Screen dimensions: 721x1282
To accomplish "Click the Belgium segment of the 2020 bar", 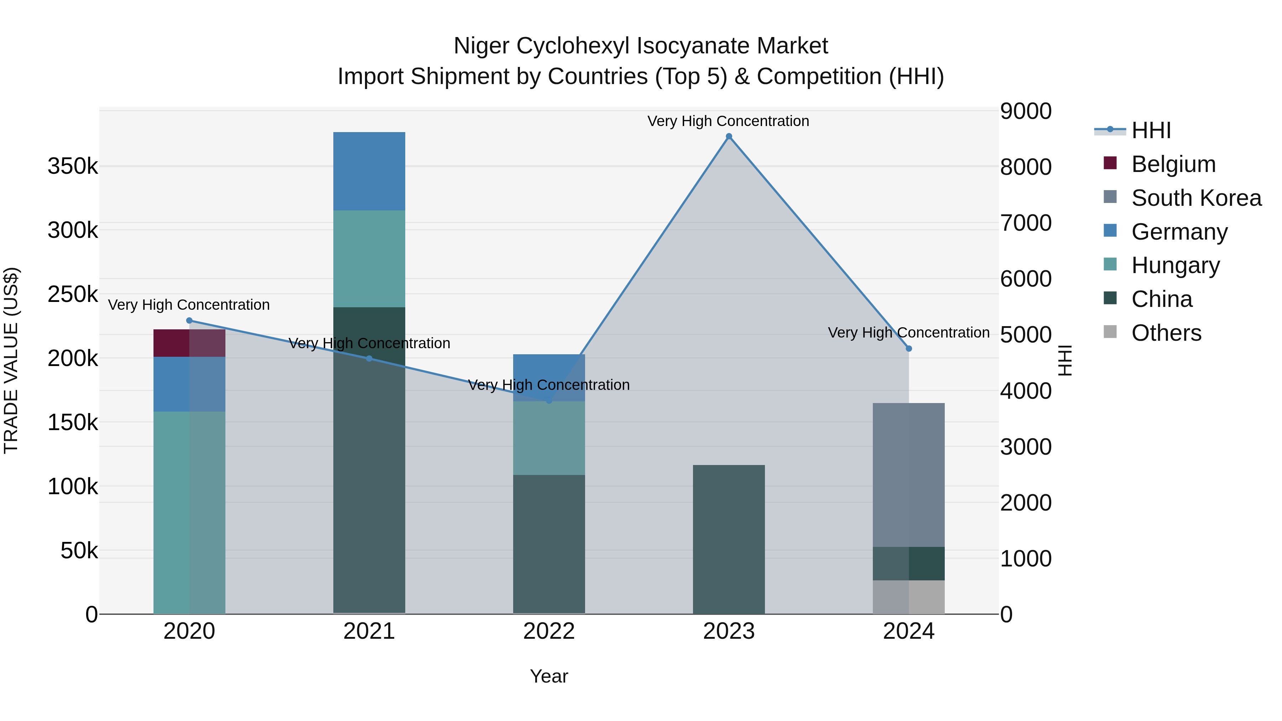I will [189, 343].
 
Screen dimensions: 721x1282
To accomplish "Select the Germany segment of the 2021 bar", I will [369, 171].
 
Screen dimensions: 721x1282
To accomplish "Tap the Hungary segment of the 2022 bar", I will [548, 438].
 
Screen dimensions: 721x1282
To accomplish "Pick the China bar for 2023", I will [729, 539].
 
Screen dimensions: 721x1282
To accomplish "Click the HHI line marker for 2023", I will [729, 136].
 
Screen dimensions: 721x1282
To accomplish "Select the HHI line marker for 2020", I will [189, 321].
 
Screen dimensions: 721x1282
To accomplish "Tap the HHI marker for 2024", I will [909, 349].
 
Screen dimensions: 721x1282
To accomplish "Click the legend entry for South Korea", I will [1196, 198].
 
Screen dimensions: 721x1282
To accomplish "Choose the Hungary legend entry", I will [1175, 265].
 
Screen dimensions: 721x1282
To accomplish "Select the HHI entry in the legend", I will [1151, 130].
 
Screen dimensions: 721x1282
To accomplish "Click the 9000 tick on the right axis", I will [1026, 111].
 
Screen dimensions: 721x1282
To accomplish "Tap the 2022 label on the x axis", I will [548, 631].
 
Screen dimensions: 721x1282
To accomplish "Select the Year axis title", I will [548, 676].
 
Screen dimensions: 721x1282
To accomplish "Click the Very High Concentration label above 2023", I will [728, 121].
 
